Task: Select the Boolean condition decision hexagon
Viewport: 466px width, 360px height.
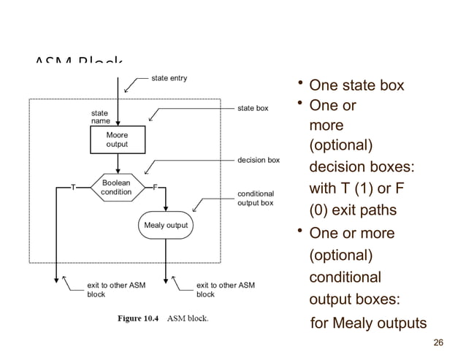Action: click(x=116, y=187)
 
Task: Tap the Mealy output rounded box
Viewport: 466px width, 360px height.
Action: click(x=165, y=225)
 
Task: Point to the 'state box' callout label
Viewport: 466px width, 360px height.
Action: click(x=253, y=108)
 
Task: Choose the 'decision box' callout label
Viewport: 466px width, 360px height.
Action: click(x=259, y=159)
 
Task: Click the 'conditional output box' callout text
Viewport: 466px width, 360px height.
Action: click(x=256, y=198)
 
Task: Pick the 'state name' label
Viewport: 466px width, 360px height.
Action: click(x=100, y=118)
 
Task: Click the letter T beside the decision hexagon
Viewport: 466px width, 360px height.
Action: click(x=72, y=188)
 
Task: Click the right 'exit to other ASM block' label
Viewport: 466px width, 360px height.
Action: click(x=226, y=290)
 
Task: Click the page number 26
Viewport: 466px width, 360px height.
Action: click(x=438, y=342)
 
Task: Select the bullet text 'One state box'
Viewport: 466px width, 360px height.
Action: click(x=356, y=86)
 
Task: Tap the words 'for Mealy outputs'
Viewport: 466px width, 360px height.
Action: click(x=368, y=323)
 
